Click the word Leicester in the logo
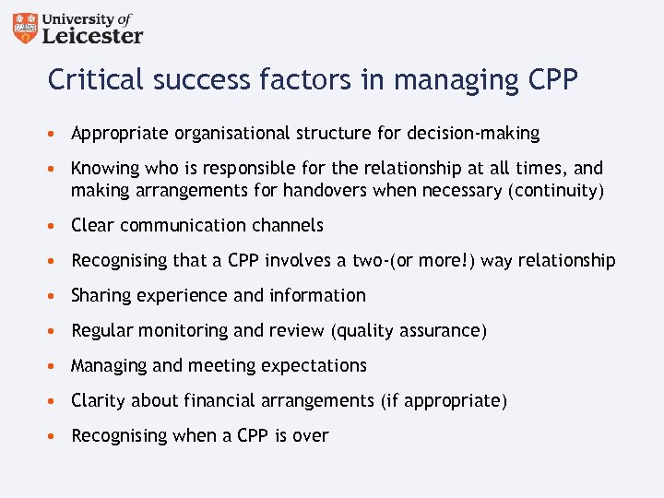(x=93, y=35)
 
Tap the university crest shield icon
(x=26, y=29)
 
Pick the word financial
(x=223, y=401)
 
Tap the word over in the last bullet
(x=310, y=436)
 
